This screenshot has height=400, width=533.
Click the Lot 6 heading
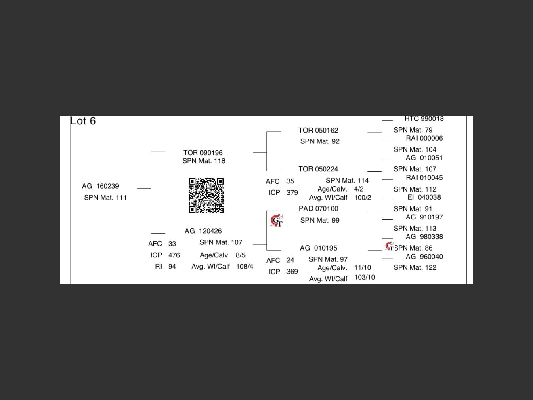coord(83,121)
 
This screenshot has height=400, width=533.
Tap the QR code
coord(206,196)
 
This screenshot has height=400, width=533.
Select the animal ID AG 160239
coord(100,186)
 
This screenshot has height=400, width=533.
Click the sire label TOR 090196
coord(203,153)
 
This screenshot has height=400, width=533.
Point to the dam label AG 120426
coord(203,231)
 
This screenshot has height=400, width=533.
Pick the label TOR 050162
coord(318,130)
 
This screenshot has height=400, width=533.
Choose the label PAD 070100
coord(318,208)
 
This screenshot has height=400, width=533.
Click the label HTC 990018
coord(424,119)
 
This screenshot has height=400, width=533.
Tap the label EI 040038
coord(424,197)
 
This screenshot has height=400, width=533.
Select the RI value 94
coord(172,267)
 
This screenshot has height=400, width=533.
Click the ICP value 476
coord(174,255)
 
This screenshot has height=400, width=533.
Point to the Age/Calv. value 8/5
coord(241,255)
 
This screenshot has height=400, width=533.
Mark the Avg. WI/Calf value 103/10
coord(364,277)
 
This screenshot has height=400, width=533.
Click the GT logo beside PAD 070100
coord(277,221)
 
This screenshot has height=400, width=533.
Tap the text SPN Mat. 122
coord(415,267)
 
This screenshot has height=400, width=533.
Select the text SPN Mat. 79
coord(413,130)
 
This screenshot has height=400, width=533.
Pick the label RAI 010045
coord(424,178)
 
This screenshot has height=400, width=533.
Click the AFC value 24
coord(290,260)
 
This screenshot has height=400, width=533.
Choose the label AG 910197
coord(424,217)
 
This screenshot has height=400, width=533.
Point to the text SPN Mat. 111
coord(105,198)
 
